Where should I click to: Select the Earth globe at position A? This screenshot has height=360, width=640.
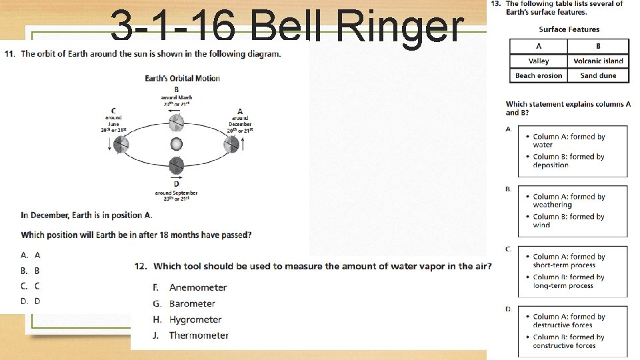[x=231, y=143]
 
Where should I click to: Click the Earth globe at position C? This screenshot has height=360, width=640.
[x=120, y=143]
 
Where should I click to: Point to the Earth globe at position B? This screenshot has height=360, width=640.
[x=176, y=123]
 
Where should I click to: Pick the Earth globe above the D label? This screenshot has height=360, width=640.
[x=176, y=165]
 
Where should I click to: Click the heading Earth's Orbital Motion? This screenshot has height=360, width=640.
[x=182, y=78]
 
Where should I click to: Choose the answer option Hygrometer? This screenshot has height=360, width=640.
[x=195, y=320]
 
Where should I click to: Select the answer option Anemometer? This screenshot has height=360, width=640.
[x=198, y=287]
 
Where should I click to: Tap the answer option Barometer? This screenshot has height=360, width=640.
[x=192, y=304]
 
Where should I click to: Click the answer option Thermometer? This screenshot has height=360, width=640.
[x=199, y=336]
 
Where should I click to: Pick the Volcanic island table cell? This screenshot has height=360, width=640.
[x=598, y=61]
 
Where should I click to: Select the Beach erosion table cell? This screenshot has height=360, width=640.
[x=539, y=76]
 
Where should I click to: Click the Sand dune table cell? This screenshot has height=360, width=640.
[x=598, y=76]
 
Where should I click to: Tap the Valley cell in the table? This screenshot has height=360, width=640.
[x=539, y=61]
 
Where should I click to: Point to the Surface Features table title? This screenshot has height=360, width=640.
[x=569, y=29]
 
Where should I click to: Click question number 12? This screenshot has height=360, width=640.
[x=140, y=266]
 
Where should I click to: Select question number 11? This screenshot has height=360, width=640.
[x=9, y=53]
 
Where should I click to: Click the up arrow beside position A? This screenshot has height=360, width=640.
[x=244, y=143]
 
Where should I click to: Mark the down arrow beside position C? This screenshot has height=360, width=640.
[x=109, y=144]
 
